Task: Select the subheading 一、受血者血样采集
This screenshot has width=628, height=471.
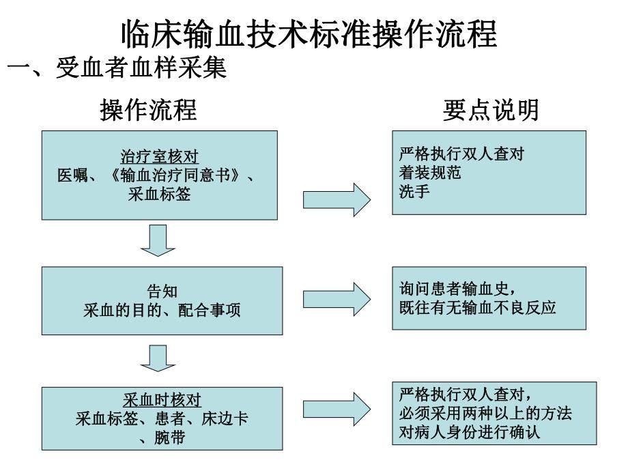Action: [x=116, y=68]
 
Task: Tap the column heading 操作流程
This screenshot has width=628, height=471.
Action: [x=149, y=109]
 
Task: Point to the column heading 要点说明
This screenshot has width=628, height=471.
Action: [x=490, y=109]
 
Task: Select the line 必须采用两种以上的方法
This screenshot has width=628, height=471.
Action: [x=485, y=414]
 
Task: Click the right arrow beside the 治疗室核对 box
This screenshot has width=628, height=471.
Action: [x=337, y=199]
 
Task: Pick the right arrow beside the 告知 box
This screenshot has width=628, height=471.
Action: [x=337, y=299]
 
